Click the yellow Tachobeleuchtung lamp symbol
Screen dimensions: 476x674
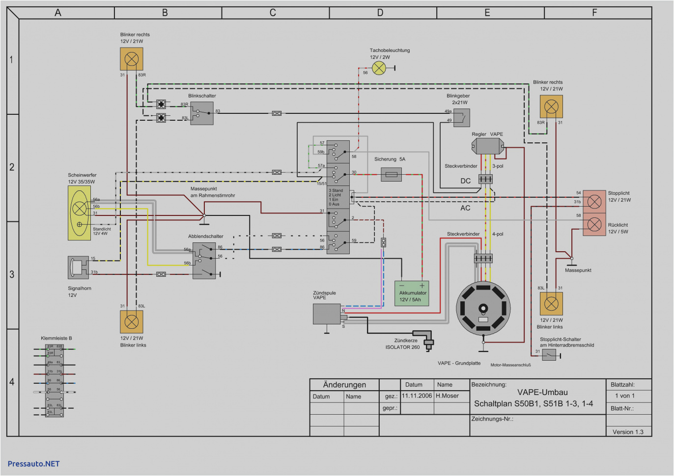[379, 68]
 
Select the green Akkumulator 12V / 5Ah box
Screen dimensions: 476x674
[412, 293]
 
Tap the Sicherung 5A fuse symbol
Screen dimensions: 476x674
[392, 174]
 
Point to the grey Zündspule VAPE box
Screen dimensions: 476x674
[327, 314]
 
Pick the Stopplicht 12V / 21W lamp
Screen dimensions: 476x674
[594, 201]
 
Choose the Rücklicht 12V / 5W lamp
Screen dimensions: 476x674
[594, 225]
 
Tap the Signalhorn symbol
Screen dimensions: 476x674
[78, 267]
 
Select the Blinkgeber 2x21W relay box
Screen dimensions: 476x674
[461, 118]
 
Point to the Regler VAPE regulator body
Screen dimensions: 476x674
[487, 146]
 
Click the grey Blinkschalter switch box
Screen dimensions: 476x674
[202, 113]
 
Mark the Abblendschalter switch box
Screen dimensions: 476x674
[204, 261]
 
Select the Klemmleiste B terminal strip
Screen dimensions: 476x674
[54, 380]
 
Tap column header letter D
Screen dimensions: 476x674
[380, 13]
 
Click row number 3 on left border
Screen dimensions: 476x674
[12, 274]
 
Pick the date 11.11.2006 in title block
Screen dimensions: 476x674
[417, 396]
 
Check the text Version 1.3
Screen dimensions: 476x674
[628, 432]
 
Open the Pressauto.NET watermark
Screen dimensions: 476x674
[33, 464]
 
